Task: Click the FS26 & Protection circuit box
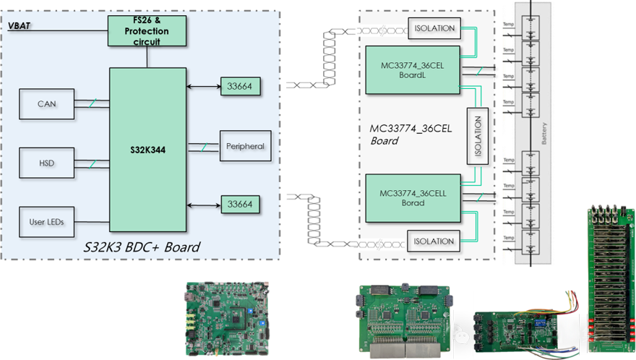coord(147,30)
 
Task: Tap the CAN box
coord(46,104)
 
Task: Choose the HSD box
coord(46,163)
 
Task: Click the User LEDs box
coord(46,221)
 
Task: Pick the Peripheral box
coord(244,146)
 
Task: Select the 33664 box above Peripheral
coord(240,87)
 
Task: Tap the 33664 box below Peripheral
coord(240,205)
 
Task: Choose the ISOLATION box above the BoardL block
coord(434,28)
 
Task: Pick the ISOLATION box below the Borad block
coord(434,241)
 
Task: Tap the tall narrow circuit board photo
coord(609,278)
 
